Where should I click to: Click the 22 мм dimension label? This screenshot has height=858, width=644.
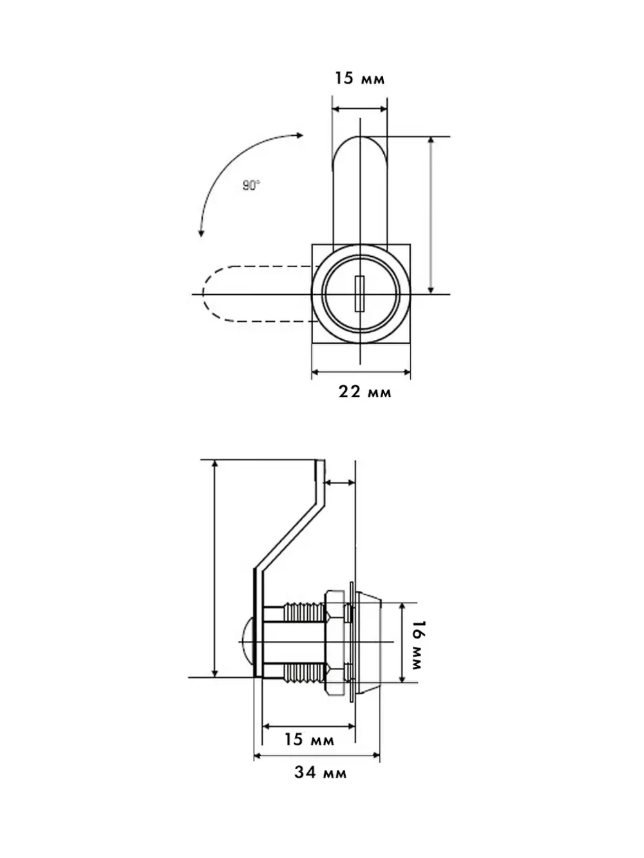pos(365,392)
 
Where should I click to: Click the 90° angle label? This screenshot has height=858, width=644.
pos(251,185)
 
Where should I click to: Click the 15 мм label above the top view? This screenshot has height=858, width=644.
pos(360,78)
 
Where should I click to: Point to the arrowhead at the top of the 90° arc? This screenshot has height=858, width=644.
pos(299,135)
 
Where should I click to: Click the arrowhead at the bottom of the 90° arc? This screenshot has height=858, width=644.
pos(201,234)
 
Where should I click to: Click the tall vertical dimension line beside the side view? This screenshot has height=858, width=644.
pos(214,568)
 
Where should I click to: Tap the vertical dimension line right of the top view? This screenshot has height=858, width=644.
pos(430,215)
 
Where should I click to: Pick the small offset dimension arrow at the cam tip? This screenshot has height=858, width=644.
pos(340,483)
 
